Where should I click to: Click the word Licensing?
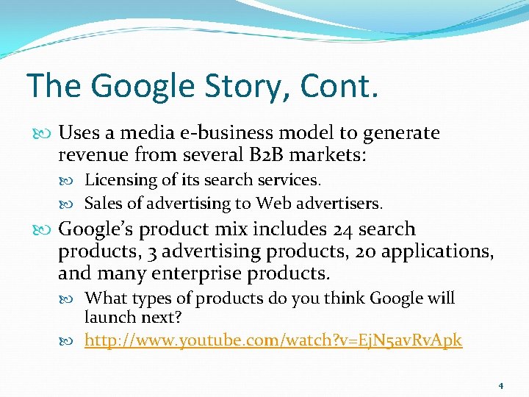[x=121, y=180]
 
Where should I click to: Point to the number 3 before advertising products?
[x=151, y=252]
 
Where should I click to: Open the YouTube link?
[x=273, y=340]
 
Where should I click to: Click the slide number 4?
[x=500, y=385]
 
